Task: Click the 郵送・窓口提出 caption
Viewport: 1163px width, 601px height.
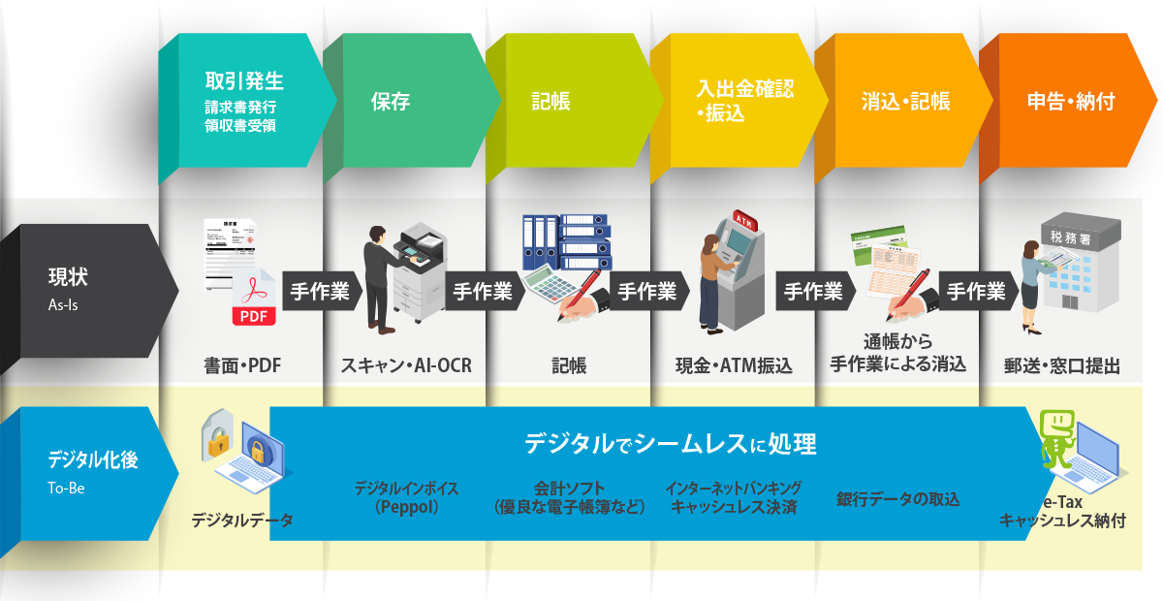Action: point(1063,366)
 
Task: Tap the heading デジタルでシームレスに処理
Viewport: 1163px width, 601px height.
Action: point(670,445)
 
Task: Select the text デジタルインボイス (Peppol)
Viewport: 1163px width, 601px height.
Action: point(406,497)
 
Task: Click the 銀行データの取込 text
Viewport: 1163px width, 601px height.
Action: point(897,499)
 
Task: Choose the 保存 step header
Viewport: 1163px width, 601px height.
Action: point(391,101)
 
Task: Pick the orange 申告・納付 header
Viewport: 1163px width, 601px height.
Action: point(1070,101)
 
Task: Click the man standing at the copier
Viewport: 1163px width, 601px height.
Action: point(378,277)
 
